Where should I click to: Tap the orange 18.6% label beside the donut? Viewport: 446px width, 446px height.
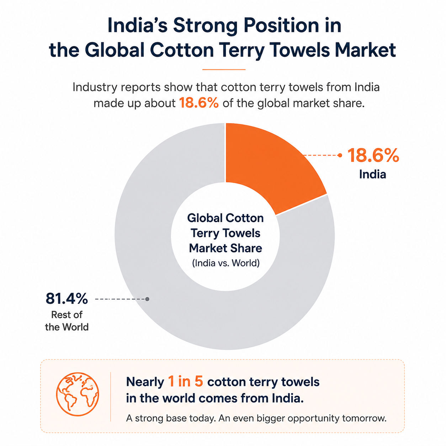click(373, 155)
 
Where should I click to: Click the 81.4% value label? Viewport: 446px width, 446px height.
click(67, 298)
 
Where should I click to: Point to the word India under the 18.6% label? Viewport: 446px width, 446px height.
click(372, 174)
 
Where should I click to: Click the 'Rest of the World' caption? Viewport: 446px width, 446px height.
click(67, 321)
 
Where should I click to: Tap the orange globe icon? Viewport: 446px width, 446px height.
click(78, 394)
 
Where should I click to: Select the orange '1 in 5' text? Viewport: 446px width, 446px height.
click(186, 382)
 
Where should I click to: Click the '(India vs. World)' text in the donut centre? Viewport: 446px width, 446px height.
click(225, 263)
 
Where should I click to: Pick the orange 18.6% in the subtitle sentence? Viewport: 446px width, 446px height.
click(199, 103)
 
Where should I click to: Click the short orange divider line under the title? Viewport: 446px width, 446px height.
click(224, 69)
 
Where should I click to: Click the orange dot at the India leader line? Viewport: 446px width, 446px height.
click(340, 155)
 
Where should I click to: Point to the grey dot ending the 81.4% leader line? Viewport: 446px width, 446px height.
click(147, 299)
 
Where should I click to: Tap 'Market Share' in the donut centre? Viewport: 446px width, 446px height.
click(225, 248)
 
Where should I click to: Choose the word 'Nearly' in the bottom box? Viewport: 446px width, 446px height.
click(145, 382)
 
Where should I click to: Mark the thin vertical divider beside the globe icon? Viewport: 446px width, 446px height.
click(111, 397)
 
